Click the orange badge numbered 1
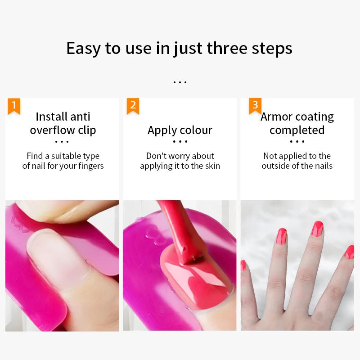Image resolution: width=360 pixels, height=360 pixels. click(x=13, y=106)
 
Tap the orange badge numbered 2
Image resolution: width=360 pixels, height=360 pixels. click(x=133, y=106)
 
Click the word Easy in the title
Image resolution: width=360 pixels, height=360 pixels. click(x=84, y=49)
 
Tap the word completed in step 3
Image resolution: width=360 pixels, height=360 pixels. click(x=297, y=130)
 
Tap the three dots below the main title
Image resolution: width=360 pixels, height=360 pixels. click(x=180, y=82)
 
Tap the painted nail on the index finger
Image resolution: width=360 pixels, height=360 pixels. click(x=281, y=236)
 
